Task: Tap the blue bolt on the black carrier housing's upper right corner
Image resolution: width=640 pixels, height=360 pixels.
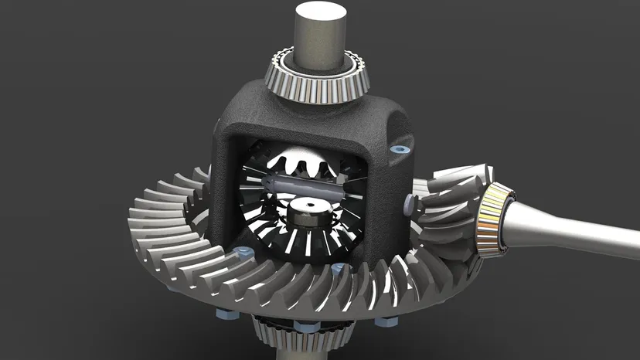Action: tap(400, 148)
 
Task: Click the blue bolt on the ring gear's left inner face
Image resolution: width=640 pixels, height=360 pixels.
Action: tap(243, 252)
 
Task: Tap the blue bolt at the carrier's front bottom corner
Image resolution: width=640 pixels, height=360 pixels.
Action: tap(338, 268)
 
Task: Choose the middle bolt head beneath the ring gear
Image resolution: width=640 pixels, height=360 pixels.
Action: tap(308, 327)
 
